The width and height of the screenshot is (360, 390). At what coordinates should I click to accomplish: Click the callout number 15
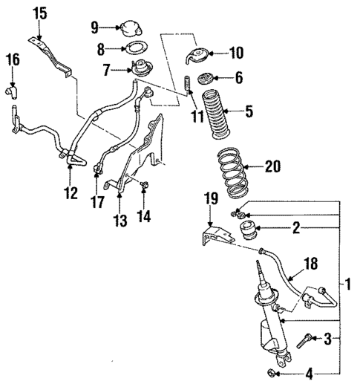(x=39, y=13)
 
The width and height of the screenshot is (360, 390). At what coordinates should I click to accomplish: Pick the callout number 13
(x=120, y=221)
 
